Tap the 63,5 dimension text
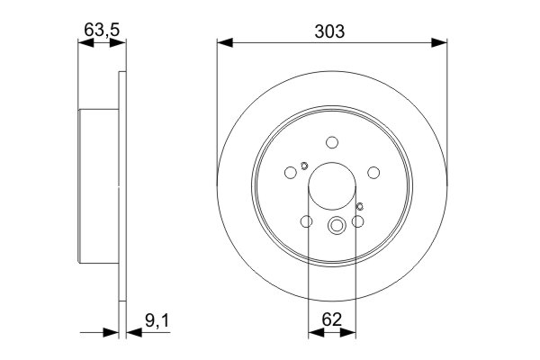point(101,30)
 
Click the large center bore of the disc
point(332,191)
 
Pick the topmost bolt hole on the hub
point(332,142)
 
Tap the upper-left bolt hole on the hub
point(290,174)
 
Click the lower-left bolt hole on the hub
point(306,222)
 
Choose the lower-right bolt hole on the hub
point(358,222)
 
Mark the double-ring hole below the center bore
point(337,227)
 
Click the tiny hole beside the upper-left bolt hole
point(305,165)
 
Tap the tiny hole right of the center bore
point(360,209)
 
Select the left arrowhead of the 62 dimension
point(315,333)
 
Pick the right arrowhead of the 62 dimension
point(348,333)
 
